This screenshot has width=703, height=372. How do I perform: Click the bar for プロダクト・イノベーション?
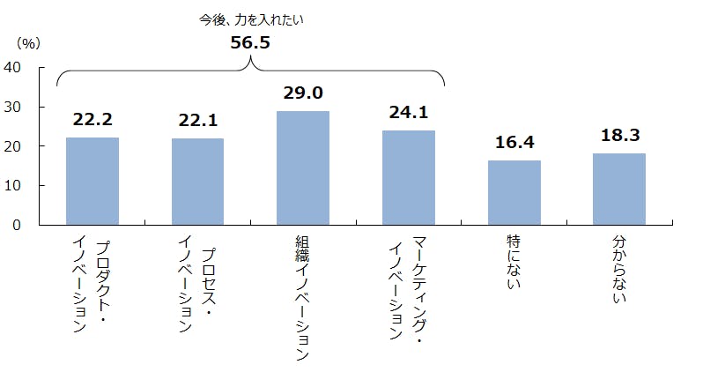[x=92, y=181]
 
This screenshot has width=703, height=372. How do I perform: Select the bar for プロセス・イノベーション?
[x=197, y=182]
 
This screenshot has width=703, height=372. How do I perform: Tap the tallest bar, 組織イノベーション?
[x=303, y=167]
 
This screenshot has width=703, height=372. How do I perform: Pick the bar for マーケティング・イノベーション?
[x=409, y=177]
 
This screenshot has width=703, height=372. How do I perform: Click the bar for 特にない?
[x=514, y=192]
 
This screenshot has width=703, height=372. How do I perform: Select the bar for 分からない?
[x=618, y=189]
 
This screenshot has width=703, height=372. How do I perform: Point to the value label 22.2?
[x=92, y=121]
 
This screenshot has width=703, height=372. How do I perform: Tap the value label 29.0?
[x=303, y=93]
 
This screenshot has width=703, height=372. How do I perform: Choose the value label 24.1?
[x=409, y=113]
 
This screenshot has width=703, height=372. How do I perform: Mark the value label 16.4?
[x=514, y=144]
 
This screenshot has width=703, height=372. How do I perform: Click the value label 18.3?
[x=618, y=135]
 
